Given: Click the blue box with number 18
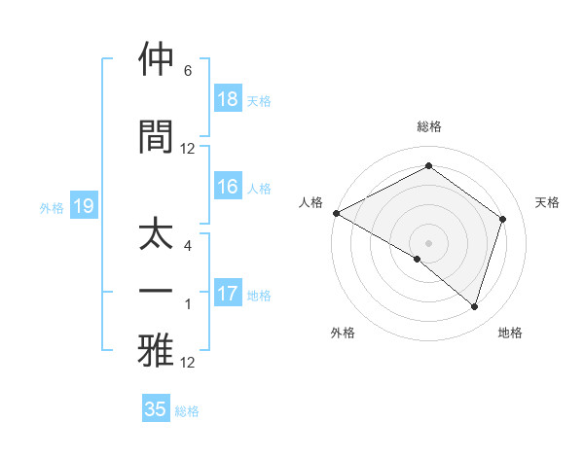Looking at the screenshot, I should [x=228, y=99].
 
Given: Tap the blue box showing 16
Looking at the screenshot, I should [x=228, y=188].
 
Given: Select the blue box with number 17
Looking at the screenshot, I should [x=228, y=294].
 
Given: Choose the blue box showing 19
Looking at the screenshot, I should [x=83, y=206].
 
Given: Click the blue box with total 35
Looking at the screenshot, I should [x=156, y=409].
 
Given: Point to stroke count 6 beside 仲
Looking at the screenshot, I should [x=188, y=71].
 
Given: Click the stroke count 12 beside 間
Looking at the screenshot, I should [x=188, y=149].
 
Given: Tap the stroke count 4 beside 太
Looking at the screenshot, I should [x=188, y=247].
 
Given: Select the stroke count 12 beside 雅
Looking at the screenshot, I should [x=188, y=363].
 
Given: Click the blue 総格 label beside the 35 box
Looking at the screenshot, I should [x=187, y=411].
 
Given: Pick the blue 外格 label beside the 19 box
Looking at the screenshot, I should [x=52, y=207].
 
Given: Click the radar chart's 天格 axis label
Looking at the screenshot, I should [x=548, y=202].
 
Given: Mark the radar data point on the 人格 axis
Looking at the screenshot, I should [x=336, y=213].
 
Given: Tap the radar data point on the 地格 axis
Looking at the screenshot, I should [x=474, y=307].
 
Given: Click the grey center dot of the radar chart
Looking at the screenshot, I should [x=428, y=242].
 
